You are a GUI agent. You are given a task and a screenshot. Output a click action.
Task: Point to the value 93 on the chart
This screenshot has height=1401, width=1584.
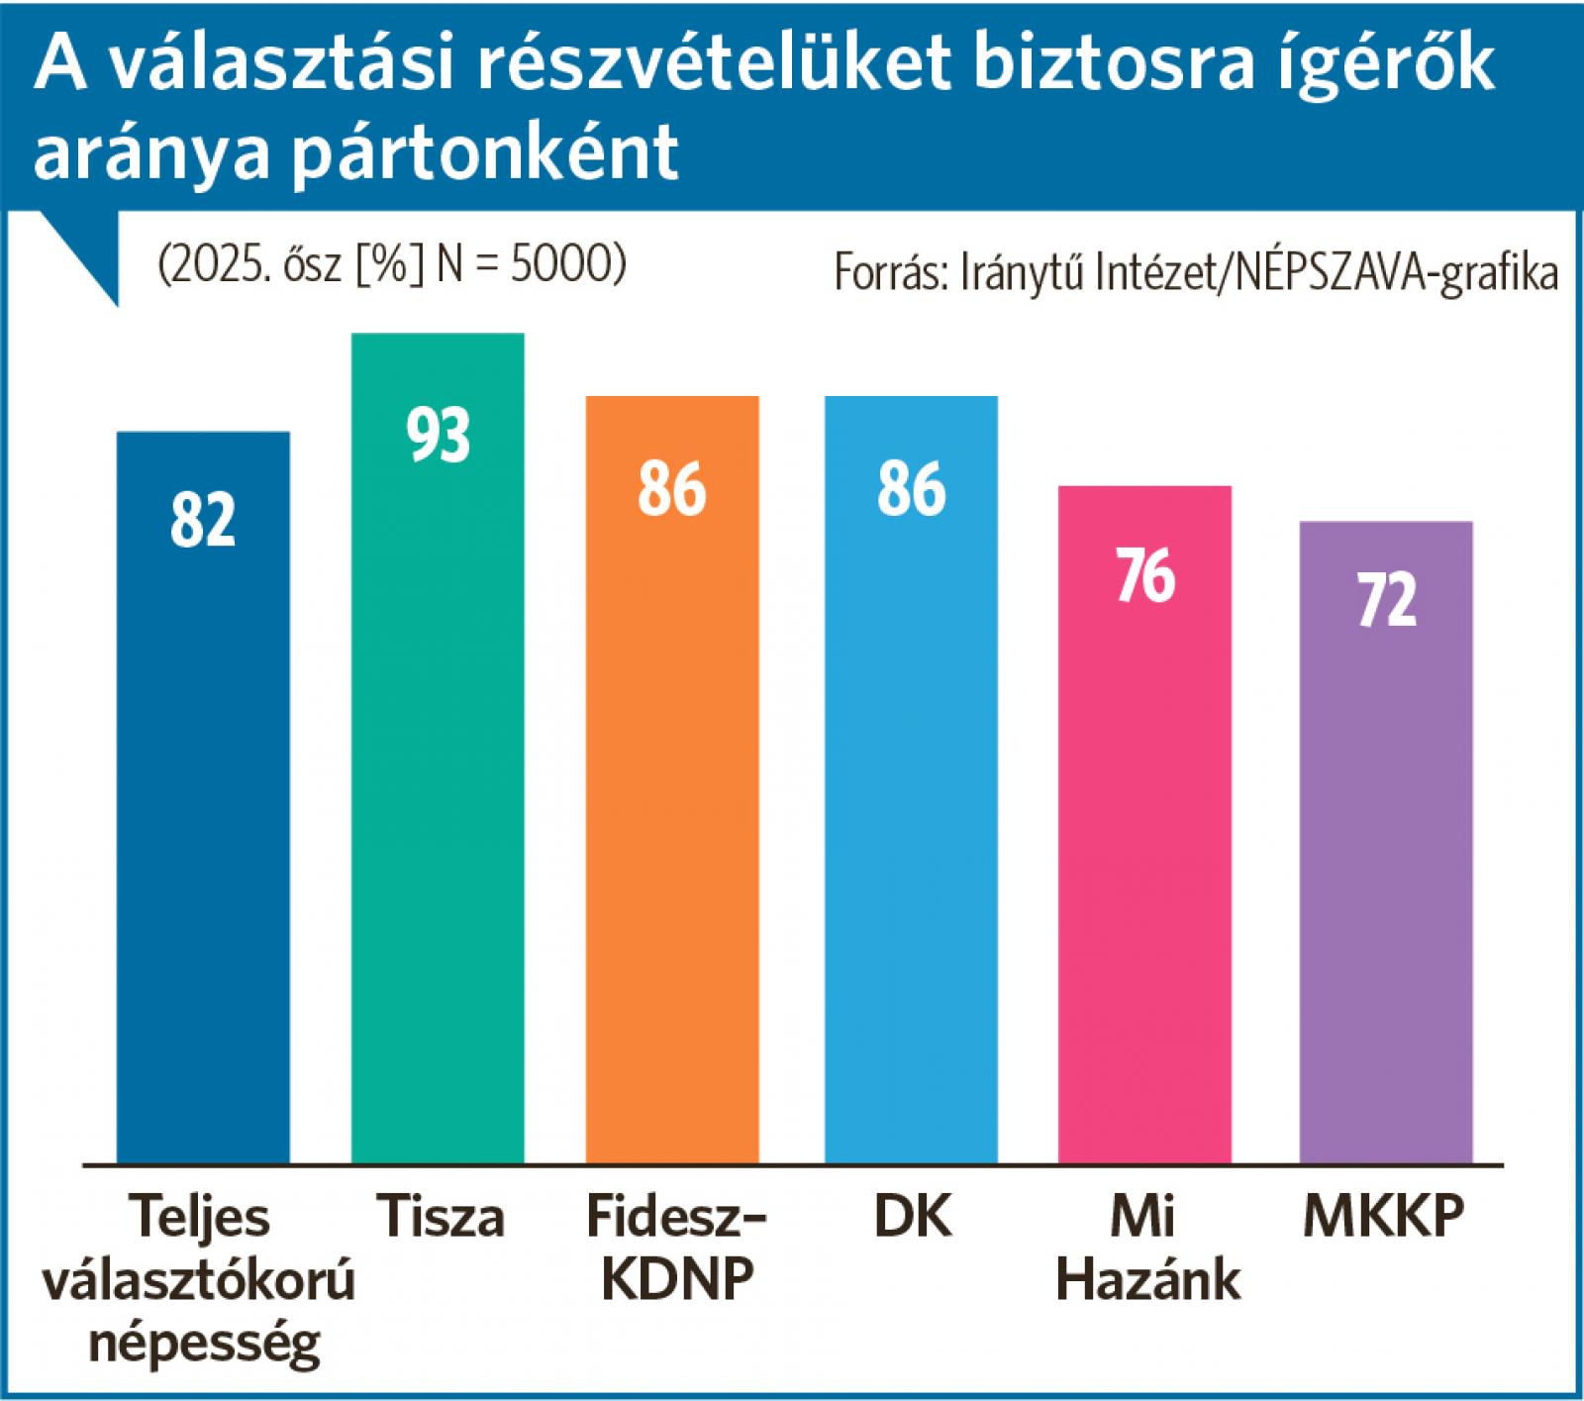pyautogui.click(x=439, y=435)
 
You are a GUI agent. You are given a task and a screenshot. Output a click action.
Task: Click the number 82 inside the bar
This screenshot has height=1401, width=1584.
pyautogui.click(x=203, y=520)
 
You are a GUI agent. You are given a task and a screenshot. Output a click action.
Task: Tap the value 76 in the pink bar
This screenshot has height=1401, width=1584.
pyautogui.click(x=1145, y=575)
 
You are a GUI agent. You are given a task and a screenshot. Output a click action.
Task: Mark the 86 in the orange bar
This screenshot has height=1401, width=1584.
pyautogui.click(x=672, y=488)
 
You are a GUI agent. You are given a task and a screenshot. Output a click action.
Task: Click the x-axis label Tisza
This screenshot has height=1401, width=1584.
pyautogui.click(x=440, y=1217)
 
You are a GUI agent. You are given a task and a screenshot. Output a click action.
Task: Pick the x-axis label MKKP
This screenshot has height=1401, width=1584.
pyautogui.click(x=1383, y=1217)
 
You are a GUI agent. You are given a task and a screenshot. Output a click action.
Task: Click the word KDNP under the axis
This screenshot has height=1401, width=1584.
pyautogui.click(x=678, y=1279)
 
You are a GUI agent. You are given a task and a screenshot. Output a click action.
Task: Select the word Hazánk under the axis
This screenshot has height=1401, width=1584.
pyautogui.click(x=1147, y=1279)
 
